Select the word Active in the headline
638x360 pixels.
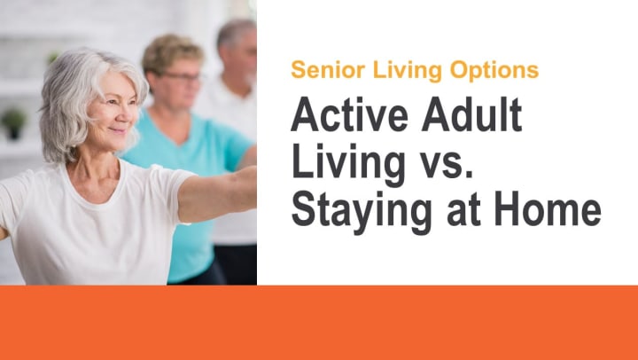[x=349, y=114]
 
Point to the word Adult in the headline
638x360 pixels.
[x=471, y=114]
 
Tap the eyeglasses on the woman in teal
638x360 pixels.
[x=183, y=76]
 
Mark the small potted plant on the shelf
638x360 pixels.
[x=13, y=123]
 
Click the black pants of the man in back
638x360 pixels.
[x=235, y=264]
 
